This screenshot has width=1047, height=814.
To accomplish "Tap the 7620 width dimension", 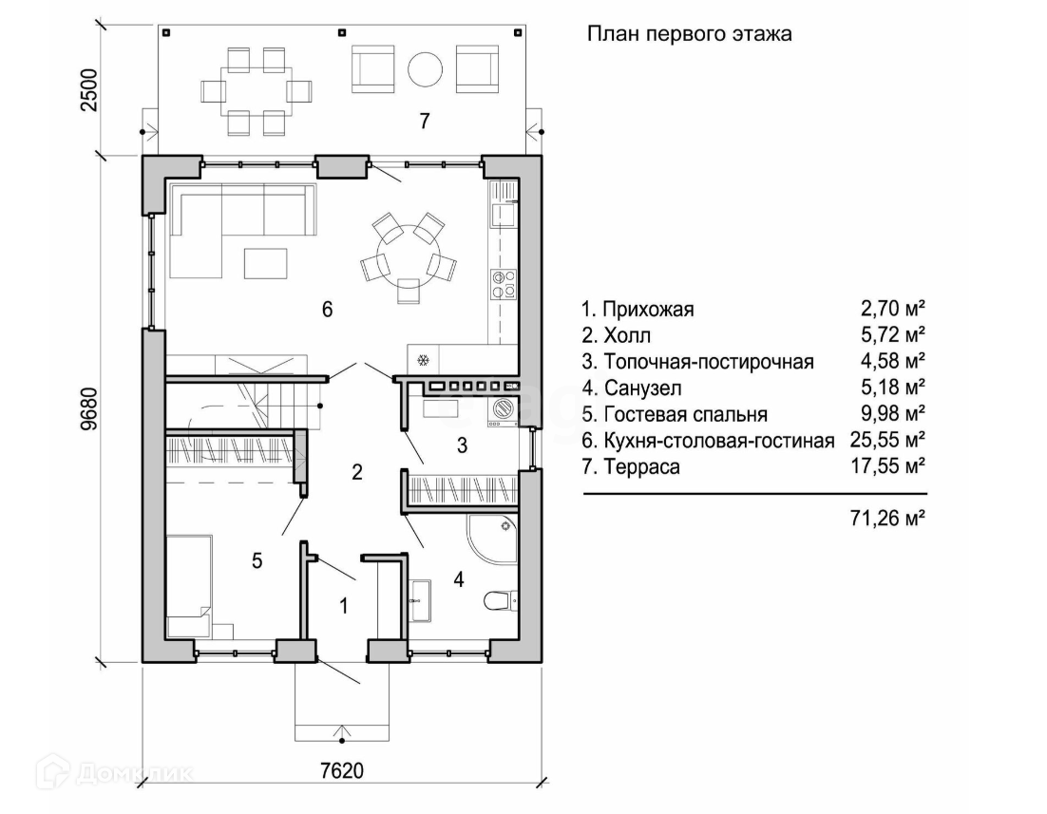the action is coord(341,768).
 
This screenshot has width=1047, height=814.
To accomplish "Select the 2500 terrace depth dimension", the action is coord(89,90).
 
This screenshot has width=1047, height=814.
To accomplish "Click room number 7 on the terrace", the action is coord(425,121).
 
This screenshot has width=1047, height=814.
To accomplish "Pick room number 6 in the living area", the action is coord(327,310).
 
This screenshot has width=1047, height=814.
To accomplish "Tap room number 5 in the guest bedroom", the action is coord(257,560).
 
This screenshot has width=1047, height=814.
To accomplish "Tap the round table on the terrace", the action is coord(425,69).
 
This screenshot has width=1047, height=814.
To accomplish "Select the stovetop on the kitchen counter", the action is coord(504,282).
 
